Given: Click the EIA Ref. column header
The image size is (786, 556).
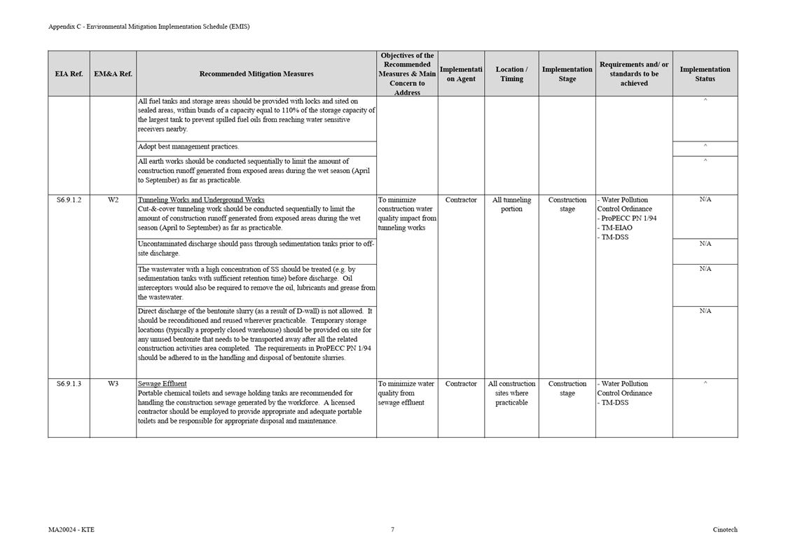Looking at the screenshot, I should click(x=69, y=74).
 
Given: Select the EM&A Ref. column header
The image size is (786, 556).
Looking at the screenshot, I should click(x=113, y=74).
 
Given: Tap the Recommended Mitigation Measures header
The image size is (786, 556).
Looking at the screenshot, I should click(x=256, y=74).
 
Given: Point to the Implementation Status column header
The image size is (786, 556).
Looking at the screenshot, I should click(x=705, y=74).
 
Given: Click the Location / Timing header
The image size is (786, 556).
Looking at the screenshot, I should click(x=511, y=74).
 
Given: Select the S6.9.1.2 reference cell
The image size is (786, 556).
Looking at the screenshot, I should click(x=69, y=200).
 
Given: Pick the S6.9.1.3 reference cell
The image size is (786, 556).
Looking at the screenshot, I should click(x=69, y=384).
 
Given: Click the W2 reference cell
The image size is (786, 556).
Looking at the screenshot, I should click(x=113, y=200).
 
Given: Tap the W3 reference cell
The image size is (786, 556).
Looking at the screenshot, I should click(x=113, y=384).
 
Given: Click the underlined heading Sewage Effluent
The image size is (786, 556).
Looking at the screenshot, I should click(x=163, y=384).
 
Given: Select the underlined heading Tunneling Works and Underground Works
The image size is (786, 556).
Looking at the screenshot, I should click(x=201, y=200).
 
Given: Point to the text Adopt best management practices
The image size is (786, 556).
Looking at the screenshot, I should click(x=188, y=147).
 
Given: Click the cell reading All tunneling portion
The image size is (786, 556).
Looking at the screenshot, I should click(x=511, y=204).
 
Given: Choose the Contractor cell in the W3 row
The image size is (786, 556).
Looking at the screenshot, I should click(x=461, y=384).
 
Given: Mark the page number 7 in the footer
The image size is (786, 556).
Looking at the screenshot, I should click(x=392, y=530).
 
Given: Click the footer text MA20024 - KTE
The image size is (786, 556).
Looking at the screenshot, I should click(x=71, y=530).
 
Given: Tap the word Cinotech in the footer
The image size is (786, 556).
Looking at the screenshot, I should click(x=725, y=530).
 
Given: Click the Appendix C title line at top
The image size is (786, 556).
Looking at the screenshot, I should click(x=149, y=27).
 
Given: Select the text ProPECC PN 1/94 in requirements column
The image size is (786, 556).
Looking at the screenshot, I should click(x=628, y=218).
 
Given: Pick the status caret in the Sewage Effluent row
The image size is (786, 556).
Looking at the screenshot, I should click(x=705, y=383).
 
